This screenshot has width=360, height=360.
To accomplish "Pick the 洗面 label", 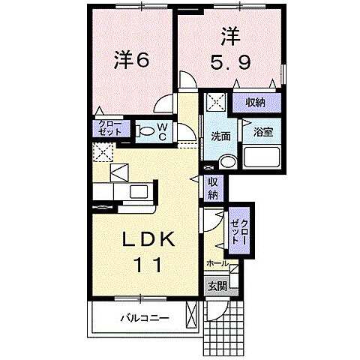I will click(x=220, y=137).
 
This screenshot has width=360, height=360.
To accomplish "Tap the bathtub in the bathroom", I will click(x=261, y=159).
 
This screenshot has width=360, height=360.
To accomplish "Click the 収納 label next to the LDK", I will click(x=213, y=188).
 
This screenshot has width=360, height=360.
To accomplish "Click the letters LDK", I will click(x=149, y=239).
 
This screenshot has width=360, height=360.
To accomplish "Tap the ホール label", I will click(x=217, y=264).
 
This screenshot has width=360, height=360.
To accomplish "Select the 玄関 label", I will click(x=217, y=286).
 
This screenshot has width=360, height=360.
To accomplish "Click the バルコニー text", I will click(x=145, y=317).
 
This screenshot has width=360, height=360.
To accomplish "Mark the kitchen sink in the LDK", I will click(x=140, y=191).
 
